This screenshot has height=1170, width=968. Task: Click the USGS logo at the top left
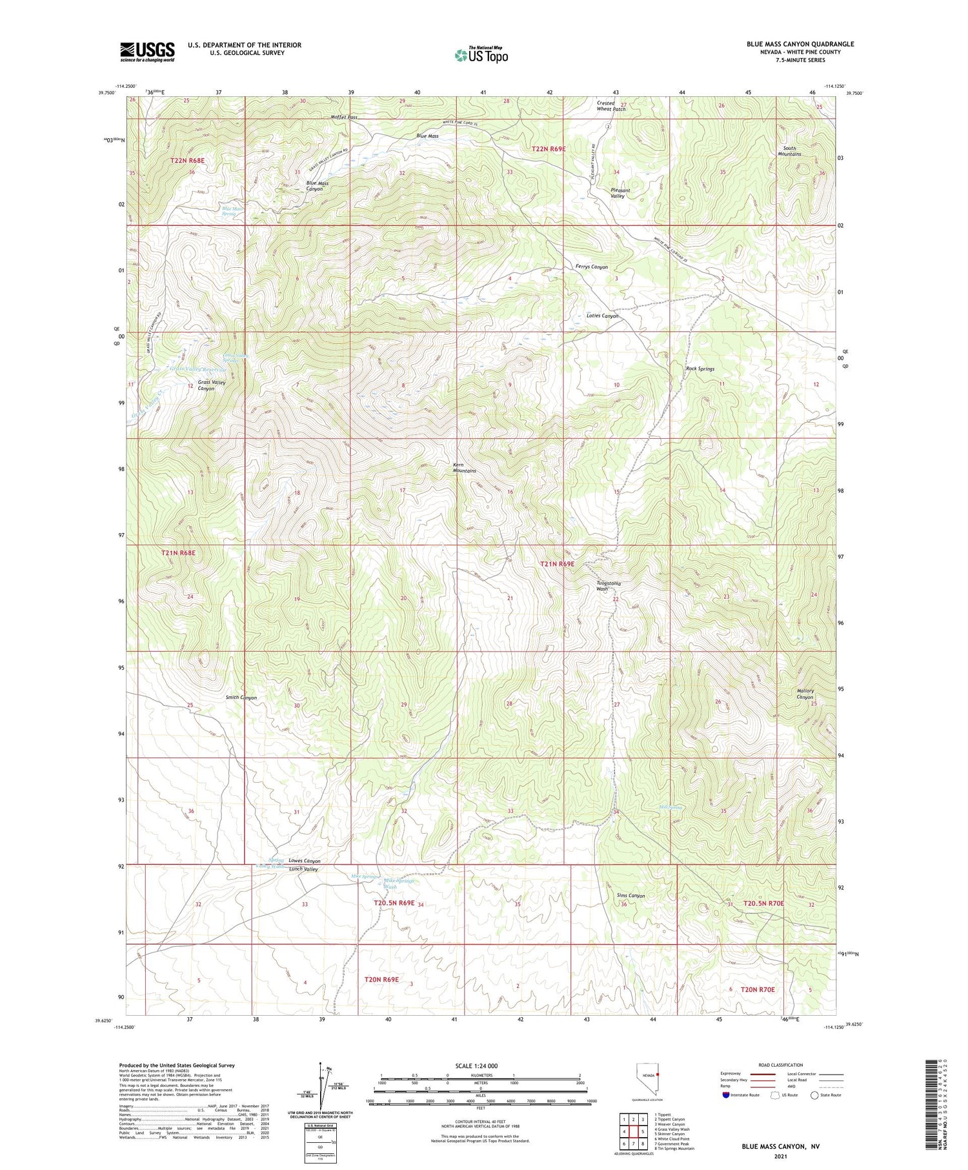pyautogui.click(x=147, y=52)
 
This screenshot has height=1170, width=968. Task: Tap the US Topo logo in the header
pyautogui.click(x=481, y=55)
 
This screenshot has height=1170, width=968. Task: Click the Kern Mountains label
pyautogui.click(x=465, y=468)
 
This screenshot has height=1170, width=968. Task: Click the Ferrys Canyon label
pyautogui.click(x=591, y=267)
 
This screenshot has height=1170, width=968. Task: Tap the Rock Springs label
pyautogui.click(x=700, y=369)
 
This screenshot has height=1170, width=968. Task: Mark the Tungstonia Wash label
pyautogui.click(x=608, y=586)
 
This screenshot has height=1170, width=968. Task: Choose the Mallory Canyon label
pyautogui.click(x=805, y=694)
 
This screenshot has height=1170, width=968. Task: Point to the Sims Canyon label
pyautogui.click(x=630, y=896)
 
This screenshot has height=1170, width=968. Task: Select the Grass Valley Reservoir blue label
pyautogui.click(x=199, y=368)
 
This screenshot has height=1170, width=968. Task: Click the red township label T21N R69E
pyautogui.click(x=557, y=564)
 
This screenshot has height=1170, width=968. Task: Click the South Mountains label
pyautogui.click(x=789, y=151)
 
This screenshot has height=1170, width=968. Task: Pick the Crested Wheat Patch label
pyautogui.click(x=610, y=106)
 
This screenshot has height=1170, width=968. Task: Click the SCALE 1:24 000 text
pyautogui.click(x=476, y=1065)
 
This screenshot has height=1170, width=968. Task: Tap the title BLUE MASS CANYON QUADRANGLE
pyautogui.click(x=800, y=44)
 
